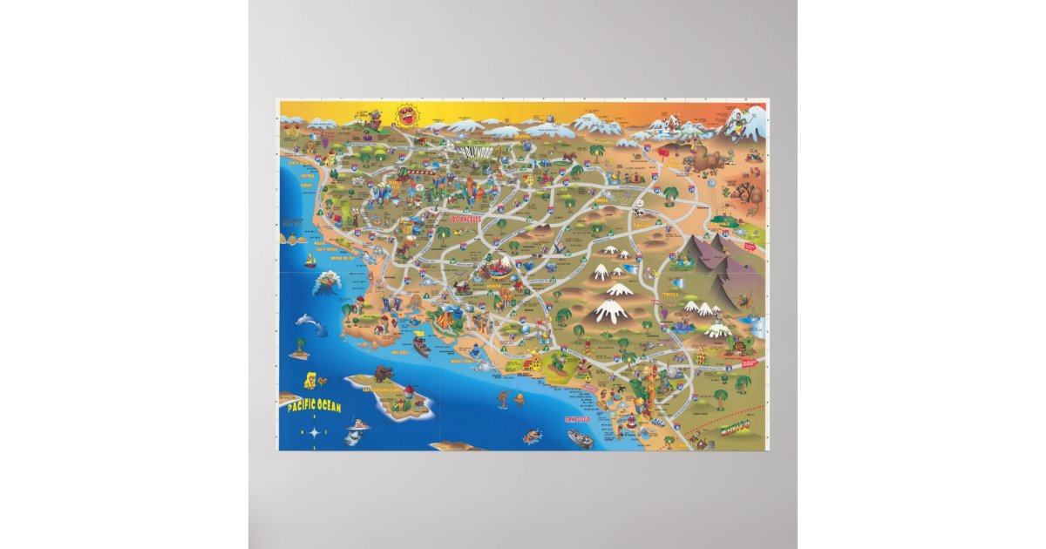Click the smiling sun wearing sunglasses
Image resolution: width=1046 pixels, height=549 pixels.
point(405,115)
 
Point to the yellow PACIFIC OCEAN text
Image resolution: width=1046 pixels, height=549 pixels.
point(310,407)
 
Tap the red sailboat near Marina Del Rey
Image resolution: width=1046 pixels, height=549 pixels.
point(309,261)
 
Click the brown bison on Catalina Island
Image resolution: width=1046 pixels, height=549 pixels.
point(384,375)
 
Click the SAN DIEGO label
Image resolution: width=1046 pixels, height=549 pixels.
point(577,419)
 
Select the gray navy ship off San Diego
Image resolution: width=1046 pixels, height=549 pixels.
point(580,438)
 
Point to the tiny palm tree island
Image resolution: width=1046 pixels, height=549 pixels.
point(300,350)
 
